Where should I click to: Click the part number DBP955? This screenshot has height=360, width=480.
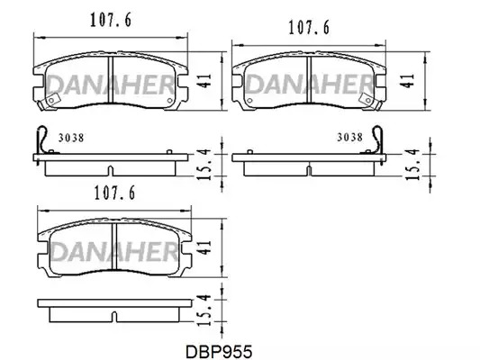pos(219,352)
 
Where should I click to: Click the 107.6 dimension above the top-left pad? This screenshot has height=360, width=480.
pos(111,20)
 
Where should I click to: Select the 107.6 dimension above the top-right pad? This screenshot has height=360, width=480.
pos(309,28)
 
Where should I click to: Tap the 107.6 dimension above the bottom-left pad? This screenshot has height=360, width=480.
pos(114,193)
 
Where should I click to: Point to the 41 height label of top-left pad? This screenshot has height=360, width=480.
pos(205,80)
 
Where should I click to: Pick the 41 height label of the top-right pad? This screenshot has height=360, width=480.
pos(407,81)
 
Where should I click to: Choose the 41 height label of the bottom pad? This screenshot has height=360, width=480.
pos(205,247)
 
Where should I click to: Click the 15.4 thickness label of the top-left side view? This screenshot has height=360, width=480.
pos(204,164)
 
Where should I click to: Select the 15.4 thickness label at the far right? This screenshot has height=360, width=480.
pos(412,164)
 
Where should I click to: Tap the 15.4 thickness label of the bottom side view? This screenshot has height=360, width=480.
pos(204,310)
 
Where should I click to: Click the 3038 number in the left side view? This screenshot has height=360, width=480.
pos(71,138)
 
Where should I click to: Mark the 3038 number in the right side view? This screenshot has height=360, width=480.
pos(350,138)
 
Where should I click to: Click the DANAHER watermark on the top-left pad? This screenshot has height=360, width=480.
pos(110,84)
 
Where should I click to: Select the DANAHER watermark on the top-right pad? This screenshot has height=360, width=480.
pos(309,84)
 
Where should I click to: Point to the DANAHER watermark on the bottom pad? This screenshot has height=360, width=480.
pos(114,251)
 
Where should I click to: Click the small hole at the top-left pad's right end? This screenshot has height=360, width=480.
pos(169,100)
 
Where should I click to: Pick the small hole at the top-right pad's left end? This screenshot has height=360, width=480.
pos(249,100)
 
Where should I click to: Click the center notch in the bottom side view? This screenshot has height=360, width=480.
pos(113,316)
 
